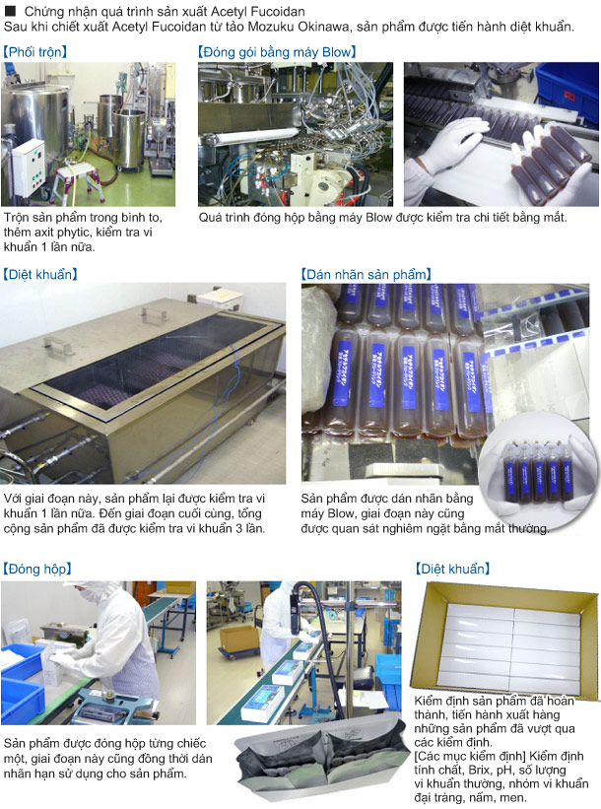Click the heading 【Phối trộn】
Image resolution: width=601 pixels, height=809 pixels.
coord(35,52)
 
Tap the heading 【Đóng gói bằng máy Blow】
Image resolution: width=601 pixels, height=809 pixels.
coord(277,52)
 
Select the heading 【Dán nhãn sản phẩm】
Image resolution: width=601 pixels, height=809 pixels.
coord(367,274)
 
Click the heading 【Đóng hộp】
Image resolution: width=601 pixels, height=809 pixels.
coord(37,569)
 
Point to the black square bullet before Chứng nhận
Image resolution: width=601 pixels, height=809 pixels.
coord(10,11)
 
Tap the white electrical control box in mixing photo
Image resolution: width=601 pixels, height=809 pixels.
coord(29,168)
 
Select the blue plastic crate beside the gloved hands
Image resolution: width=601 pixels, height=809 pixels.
coord(567,91)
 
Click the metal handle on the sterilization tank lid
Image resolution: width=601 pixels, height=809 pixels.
coord(58,345)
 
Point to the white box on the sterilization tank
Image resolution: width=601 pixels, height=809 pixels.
coord(221,300)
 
